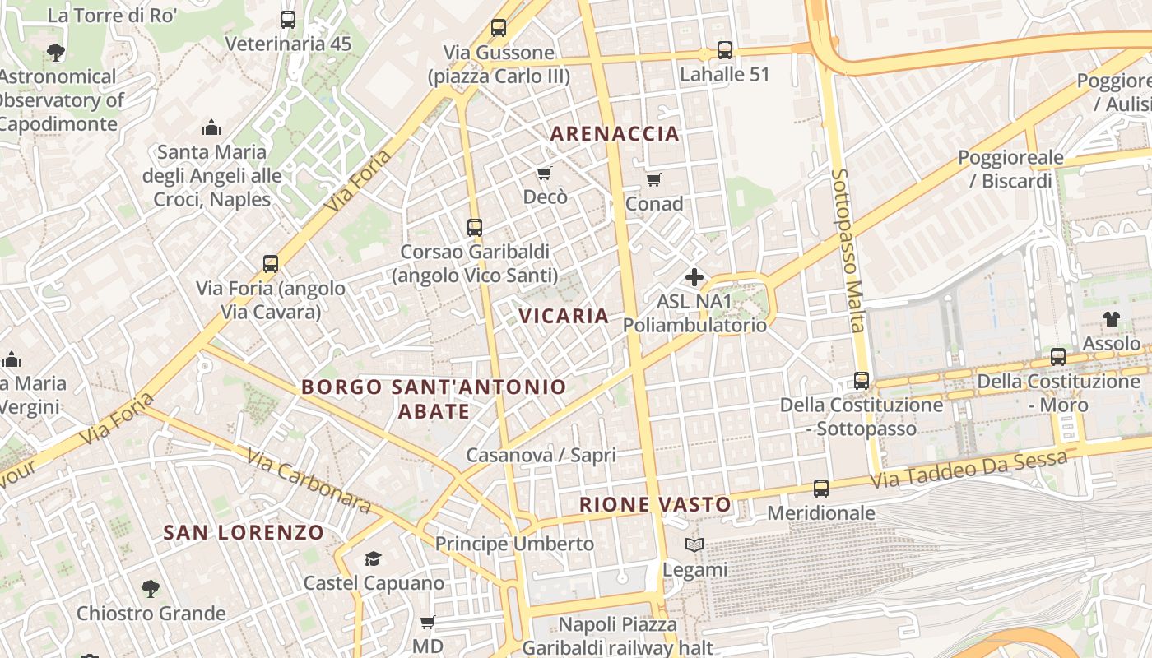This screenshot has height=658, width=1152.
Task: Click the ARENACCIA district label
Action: [615, 133]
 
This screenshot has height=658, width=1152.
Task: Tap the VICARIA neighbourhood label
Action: [564, 316]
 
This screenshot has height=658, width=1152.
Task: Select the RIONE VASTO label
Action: [655, 504]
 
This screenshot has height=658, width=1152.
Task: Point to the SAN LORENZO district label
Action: [244, 532]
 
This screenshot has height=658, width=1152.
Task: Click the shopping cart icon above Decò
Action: [544, 173]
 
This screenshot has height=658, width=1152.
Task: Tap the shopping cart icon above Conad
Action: [654, 179]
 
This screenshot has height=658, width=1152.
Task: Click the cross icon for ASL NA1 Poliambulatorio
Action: [694, 277]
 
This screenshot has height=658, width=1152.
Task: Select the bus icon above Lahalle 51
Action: [724, 50]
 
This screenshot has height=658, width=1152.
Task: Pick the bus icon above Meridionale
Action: [821, 489]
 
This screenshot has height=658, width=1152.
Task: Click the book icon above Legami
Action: [694, 545]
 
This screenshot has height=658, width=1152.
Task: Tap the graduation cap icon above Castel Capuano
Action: [374, 559]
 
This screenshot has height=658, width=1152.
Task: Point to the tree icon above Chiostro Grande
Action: [151, 589]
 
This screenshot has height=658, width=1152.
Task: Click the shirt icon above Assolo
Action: [1112, 319]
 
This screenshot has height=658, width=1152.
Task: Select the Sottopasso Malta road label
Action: [849, 250]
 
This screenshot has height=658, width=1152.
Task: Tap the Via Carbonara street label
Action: [308, 480]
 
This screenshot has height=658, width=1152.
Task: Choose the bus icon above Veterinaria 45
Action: [288, 20]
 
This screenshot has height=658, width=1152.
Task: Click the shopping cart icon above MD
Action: [427, 623]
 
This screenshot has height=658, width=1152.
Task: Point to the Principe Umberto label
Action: [514, 544]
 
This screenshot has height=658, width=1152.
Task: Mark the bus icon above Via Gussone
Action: [499, 28]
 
